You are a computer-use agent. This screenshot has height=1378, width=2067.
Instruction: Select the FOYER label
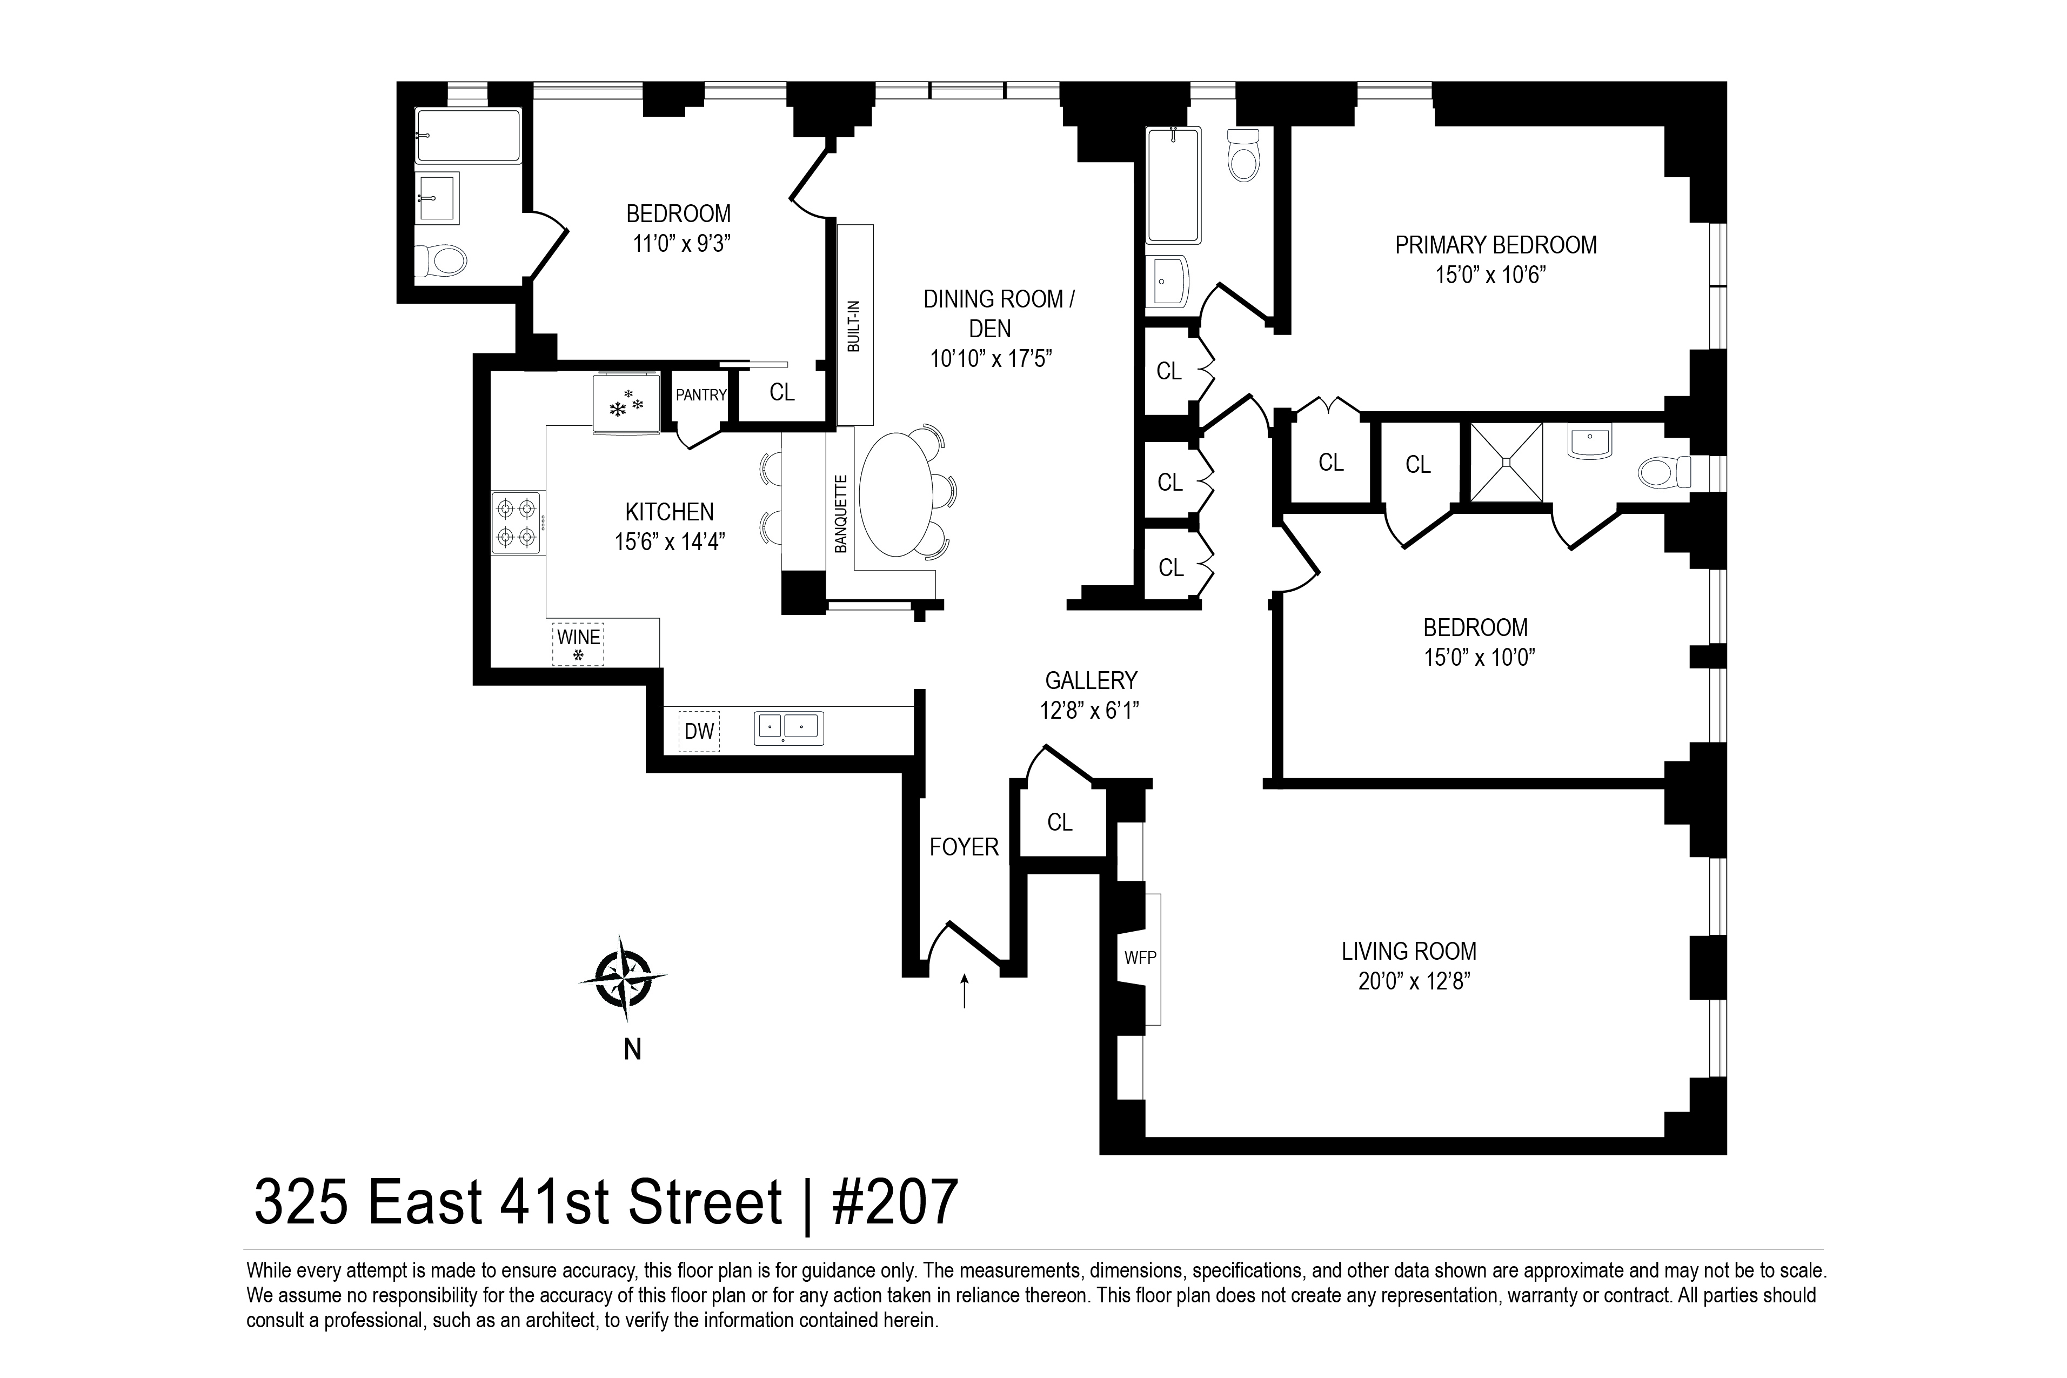[x=964, y=847]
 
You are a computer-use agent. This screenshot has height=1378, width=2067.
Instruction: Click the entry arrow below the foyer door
[x=965, y=991]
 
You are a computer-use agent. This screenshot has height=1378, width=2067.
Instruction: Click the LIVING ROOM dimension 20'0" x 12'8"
[x=1414, y=981]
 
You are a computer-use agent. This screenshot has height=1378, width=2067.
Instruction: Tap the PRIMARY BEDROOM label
[x=1496, y=245]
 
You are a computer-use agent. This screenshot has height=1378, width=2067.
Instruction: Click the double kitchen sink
[x=788, y=728]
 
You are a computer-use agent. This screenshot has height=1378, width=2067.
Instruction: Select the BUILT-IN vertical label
[x=853, y=326]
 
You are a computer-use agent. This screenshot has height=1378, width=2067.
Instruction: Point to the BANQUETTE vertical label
[x=841, y=514]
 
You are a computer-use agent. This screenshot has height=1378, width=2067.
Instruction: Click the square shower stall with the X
[x=1506, y=462]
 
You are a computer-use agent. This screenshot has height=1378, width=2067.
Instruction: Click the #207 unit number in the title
[x=894, y=1202]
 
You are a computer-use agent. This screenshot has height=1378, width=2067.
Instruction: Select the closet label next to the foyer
[x=1060, y=822]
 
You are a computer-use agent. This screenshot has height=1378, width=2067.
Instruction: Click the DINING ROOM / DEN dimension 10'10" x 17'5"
[x=991, y=359]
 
